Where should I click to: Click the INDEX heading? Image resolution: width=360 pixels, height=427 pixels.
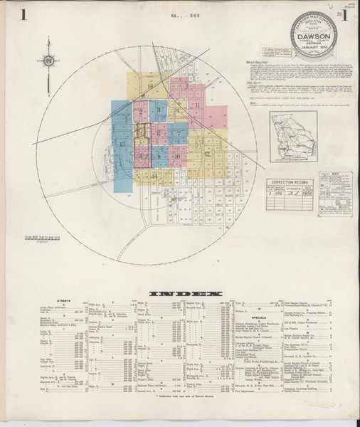tap(180, 293)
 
